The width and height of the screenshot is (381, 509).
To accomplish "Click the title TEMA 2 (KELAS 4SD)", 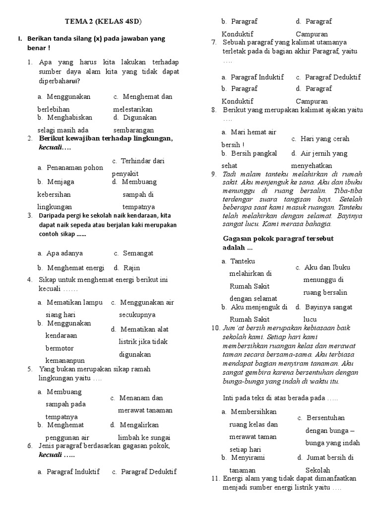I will coord(107,21).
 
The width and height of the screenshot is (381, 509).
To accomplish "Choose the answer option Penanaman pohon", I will coord(72,168).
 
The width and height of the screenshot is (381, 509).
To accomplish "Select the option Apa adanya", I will coord(64,253).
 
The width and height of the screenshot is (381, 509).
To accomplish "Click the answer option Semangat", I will coord(138,253).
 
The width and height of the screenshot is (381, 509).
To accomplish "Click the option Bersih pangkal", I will coord(254,154).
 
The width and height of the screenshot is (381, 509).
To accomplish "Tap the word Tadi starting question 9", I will coord(229,174).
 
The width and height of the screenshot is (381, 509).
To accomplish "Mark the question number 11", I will coord(215,478).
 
